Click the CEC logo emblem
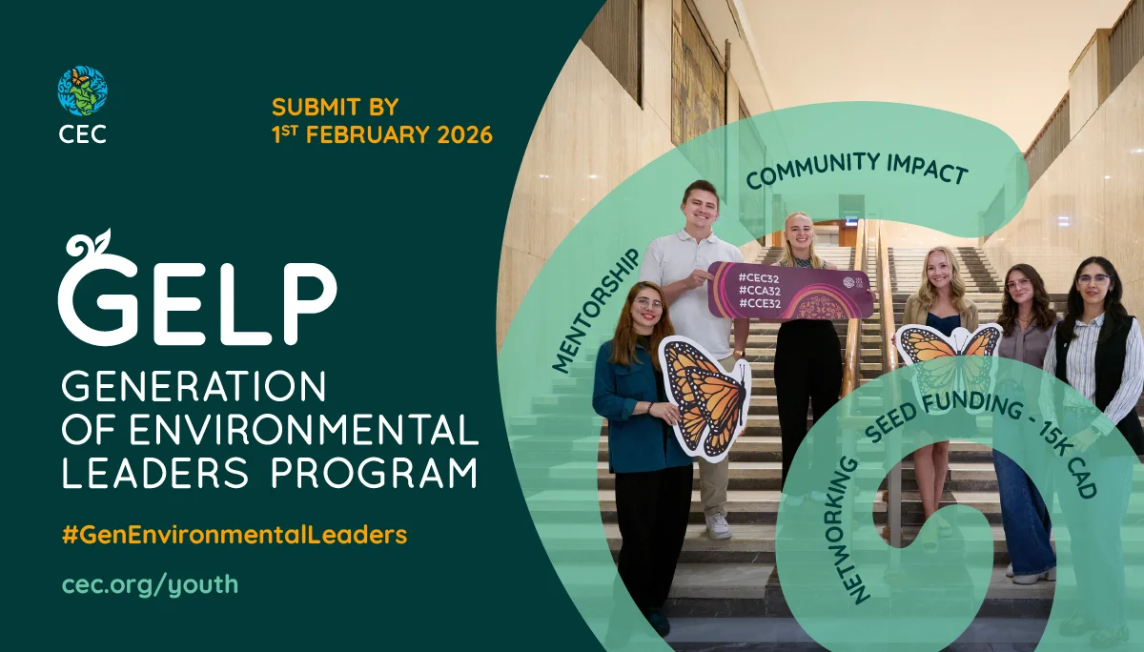pyautogui.click(x=82, y=91)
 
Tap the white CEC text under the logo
pyautogui.click(x=82, y=133)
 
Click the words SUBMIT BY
pyautogui.click(x=335, y=107)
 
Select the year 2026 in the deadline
pyautogui.click(x=464, y=134)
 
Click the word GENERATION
pyautogui.click(x=194, y=387)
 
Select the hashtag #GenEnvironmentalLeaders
pyautogui.click(x=235, y=535)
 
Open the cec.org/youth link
pyautogui.click(x=150, y=583)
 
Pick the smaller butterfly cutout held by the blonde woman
pyautogui.click(x=949, y=355)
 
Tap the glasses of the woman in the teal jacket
pyautogui.click(x=648, y=305)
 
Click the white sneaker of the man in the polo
pyautogui.click(x=718, y=525)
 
